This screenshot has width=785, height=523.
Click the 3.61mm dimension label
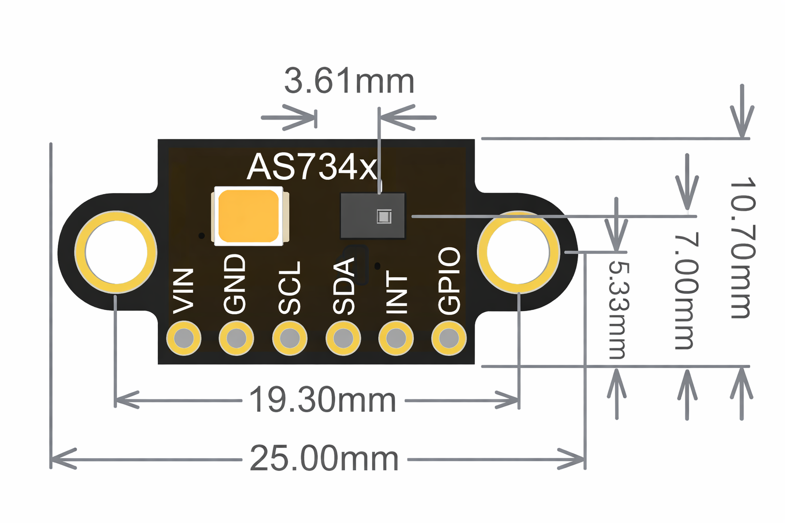point(349,81)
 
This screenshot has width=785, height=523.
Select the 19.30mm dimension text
point(322,400)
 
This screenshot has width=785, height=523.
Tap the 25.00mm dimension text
point(324,459)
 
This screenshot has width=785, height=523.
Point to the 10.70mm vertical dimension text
point(742,249)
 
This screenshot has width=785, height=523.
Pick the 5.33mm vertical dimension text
point(618,310)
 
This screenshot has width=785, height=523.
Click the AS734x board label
point(312,167)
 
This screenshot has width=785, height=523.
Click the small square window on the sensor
point(384,217)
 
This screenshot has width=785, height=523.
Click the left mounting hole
point(116,252)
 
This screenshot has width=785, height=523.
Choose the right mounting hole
point(518,252)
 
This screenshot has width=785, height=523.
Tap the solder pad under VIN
point(184,338)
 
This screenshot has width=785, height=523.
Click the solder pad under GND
point(237,338)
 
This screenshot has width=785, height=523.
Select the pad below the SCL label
point(290,338)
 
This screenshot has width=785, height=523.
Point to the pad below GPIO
point(449,338)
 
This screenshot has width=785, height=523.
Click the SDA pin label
point(344,286)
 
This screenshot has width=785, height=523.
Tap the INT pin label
point(397,293)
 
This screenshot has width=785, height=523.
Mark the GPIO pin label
point(450,280)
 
